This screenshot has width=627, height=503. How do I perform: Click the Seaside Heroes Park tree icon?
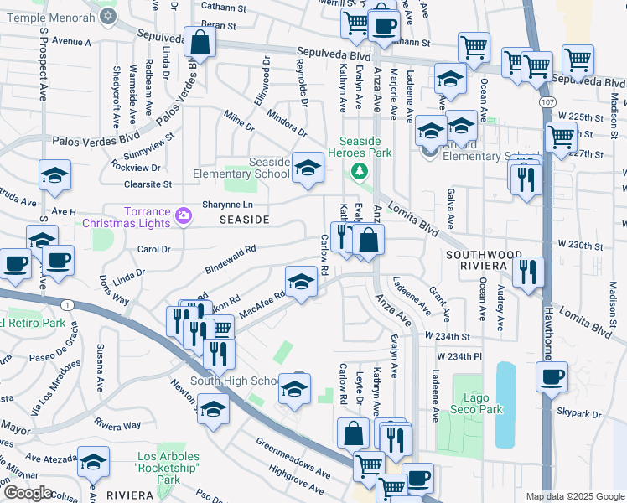(x=360, y=171)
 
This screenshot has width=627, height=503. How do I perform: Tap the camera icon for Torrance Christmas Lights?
(x=184, y=217)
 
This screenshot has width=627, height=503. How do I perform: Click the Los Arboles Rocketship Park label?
(x=168, y=469)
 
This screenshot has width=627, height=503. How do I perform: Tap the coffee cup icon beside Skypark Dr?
(x=552, y=377)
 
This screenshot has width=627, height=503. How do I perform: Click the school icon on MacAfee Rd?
(x=302, y=282)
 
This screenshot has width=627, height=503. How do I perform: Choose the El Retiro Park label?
(x=32, y=323)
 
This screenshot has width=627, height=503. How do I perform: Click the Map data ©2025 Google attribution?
(x=573, y=496)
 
